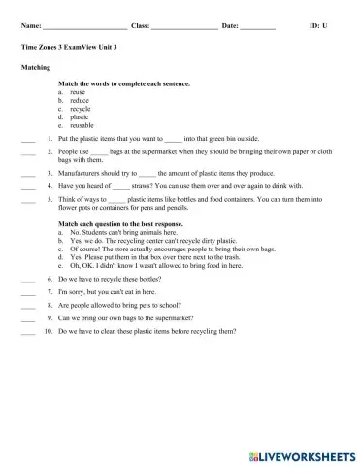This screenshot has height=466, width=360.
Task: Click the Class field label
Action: (139, 24)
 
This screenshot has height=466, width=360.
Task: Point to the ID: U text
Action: (318, 24)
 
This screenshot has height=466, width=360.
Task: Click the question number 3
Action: (49, 171)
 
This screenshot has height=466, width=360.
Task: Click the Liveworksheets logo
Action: (302, 454)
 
